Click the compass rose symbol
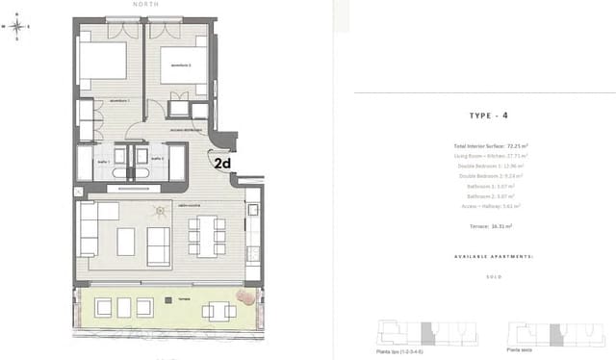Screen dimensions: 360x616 (x=18, y=26)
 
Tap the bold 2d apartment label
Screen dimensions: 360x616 (x=222, y=164)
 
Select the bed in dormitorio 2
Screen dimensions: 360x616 (x=182, y=63)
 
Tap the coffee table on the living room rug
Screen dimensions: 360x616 (x=126, y=242)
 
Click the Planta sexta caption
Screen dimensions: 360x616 (x=521, y=351)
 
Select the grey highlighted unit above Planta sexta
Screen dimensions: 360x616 (x=555, y=335)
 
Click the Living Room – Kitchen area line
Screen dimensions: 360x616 (x=490, y=155)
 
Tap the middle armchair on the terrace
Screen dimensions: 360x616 (x=122, y=307)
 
